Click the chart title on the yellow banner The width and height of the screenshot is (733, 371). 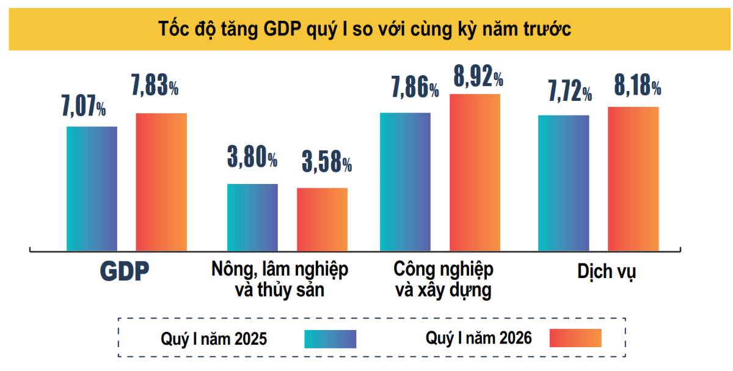click(x=365, y=29)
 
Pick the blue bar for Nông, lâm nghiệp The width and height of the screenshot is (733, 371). click(x=252, y=217)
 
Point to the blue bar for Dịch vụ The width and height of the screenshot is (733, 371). click(x=563, y=183)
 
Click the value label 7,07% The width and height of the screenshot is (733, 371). click(x=83, y=106)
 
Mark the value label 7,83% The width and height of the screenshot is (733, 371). click(x=155, y=86)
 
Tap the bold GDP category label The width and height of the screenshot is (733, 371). click(x=125, y=273)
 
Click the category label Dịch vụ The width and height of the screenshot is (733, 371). click(x=607, y=271)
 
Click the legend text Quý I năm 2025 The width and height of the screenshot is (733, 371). click(x=214, y=338)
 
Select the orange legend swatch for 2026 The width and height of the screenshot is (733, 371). click(x=575, y=338)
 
